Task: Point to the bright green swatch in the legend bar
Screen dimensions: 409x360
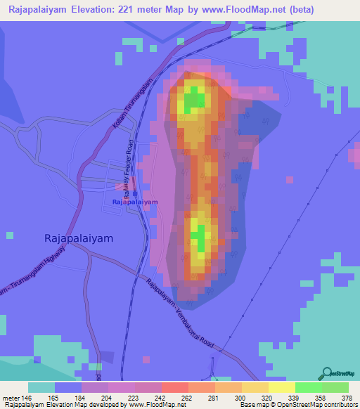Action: coord(308,387)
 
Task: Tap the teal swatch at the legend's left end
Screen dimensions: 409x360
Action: coord(41,387)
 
